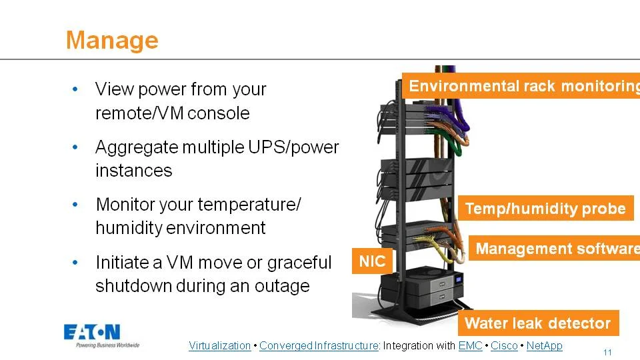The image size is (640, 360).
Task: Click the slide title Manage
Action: click(112, 40)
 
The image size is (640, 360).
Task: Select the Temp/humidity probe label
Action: click(545, 209)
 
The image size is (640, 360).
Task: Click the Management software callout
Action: click(557, 249)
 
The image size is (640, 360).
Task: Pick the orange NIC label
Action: click(372, 261)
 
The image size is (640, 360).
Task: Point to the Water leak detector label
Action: click(537, 323)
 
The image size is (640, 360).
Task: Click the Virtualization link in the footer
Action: click(220, 345)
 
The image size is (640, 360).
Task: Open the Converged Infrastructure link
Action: click(318, 345)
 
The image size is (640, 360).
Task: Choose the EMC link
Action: click(470, 345)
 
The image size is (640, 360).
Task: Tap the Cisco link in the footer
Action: click(504, 345)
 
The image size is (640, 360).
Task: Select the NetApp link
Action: click(544, 345)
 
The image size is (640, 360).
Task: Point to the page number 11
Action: click(607, 352)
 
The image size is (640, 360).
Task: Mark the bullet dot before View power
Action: click(75, 89)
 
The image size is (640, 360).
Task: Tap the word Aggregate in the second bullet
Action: click(133, 147)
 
